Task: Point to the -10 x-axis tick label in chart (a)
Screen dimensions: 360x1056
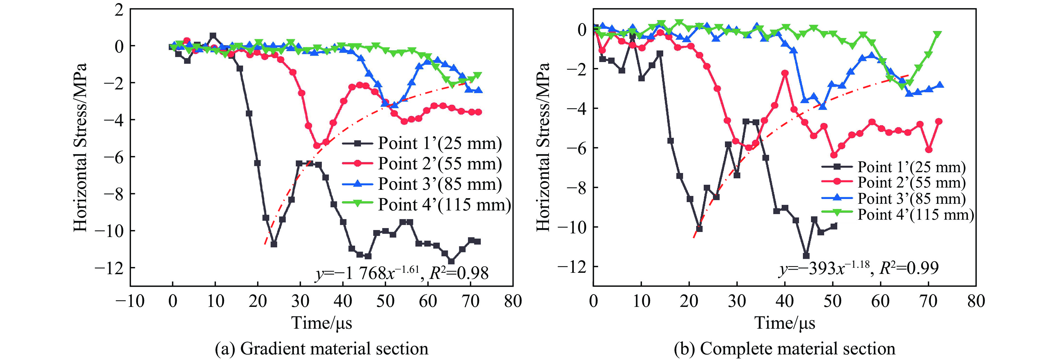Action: coord(130,301)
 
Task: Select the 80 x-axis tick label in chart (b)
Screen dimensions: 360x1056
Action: coord(976,301)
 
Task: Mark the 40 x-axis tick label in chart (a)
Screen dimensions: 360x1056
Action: coord(343,301)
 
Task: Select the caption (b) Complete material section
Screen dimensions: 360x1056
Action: coord(784,349)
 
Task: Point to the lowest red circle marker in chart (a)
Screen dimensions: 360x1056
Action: coord(317,146)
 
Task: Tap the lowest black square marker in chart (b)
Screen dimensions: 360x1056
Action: coord(806,256)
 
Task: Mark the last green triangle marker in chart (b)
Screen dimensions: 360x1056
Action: coord(937,34)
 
